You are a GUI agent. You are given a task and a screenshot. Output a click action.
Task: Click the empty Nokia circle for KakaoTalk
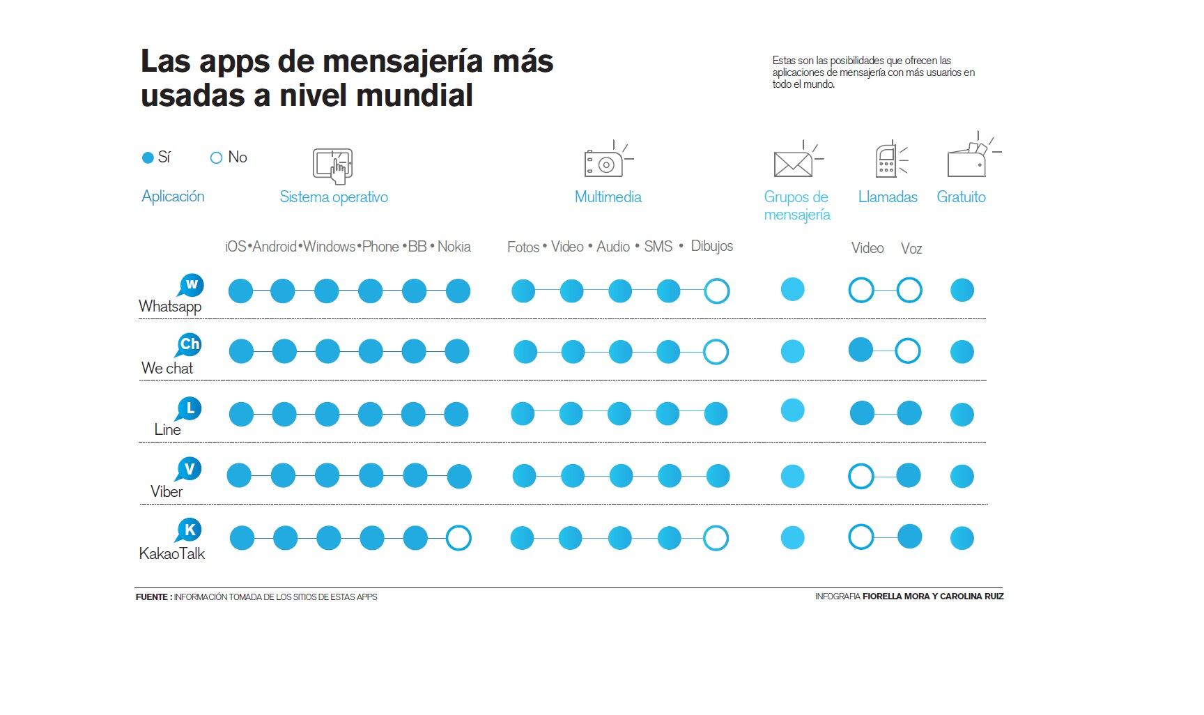(458, 538)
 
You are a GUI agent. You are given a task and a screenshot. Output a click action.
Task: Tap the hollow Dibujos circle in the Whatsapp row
(716, 291)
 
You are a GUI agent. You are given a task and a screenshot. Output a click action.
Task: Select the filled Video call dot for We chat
(861, 350)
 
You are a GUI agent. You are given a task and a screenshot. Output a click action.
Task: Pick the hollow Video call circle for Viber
(861, 477)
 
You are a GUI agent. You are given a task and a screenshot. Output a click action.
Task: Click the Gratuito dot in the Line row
(962, 415)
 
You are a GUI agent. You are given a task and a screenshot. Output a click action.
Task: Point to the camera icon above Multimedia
(605, 162)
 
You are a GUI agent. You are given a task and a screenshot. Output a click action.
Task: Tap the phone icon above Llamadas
(886, 160)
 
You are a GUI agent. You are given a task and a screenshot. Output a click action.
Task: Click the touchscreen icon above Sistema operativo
(332, 165)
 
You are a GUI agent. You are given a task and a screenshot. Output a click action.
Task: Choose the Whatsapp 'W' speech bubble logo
(191, 285)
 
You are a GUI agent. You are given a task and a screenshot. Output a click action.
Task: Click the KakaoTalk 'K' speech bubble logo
(190, 530)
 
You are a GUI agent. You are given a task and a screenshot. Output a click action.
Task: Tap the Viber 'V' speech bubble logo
(189, 469)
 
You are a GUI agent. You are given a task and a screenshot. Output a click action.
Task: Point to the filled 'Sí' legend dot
(148, 158)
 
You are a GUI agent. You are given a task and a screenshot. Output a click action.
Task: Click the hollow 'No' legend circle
(216, 158)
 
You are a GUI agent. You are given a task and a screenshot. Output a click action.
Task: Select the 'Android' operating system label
(275, 247)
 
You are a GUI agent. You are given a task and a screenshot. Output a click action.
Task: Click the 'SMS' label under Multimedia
(658, 247)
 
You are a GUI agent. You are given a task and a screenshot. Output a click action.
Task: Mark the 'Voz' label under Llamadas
(911, 249)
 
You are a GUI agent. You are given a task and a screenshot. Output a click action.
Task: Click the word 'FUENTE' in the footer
(152, 597)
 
